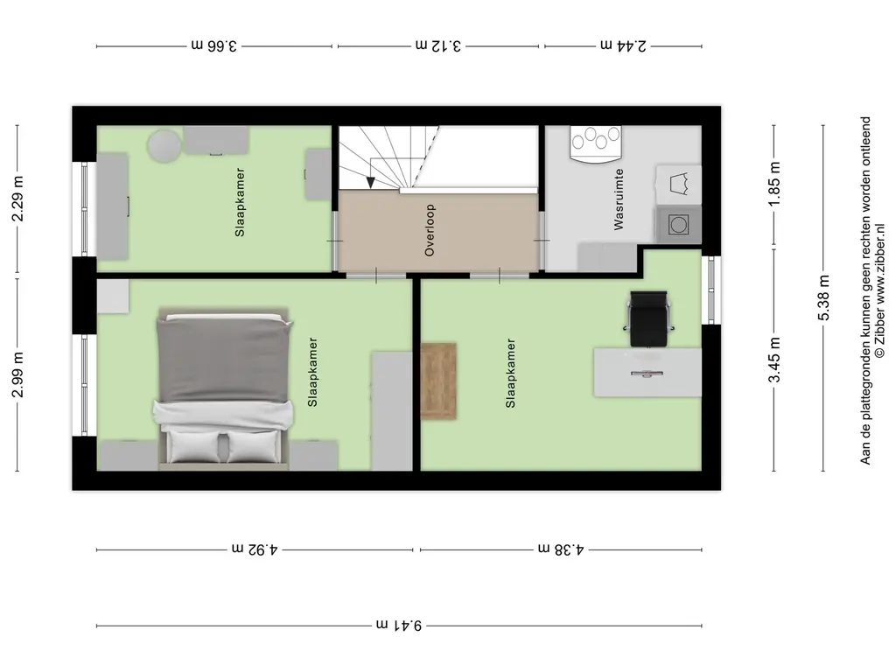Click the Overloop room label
point(430,230)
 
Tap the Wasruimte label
point(619,199)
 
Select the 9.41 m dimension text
point(399,625)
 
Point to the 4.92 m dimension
point(255,549)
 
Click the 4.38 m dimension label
point(561,549)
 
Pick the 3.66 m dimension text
point(213,45)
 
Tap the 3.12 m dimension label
point(438,45)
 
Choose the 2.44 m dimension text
point(623,45)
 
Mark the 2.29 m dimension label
point(17,199)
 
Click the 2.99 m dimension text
point(17,374)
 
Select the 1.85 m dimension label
point(774,185)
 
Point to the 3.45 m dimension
point(774,360)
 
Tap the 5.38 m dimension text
point(823,297)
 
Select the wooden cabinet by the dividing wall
point(438,381)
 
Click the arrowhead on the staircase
point(370,182)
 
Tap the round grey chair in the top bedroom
point(164,146)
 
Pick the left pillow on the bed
point(195,445)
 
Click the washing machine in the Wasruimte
point(678,225)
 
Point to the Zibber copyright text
point(880,291)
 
